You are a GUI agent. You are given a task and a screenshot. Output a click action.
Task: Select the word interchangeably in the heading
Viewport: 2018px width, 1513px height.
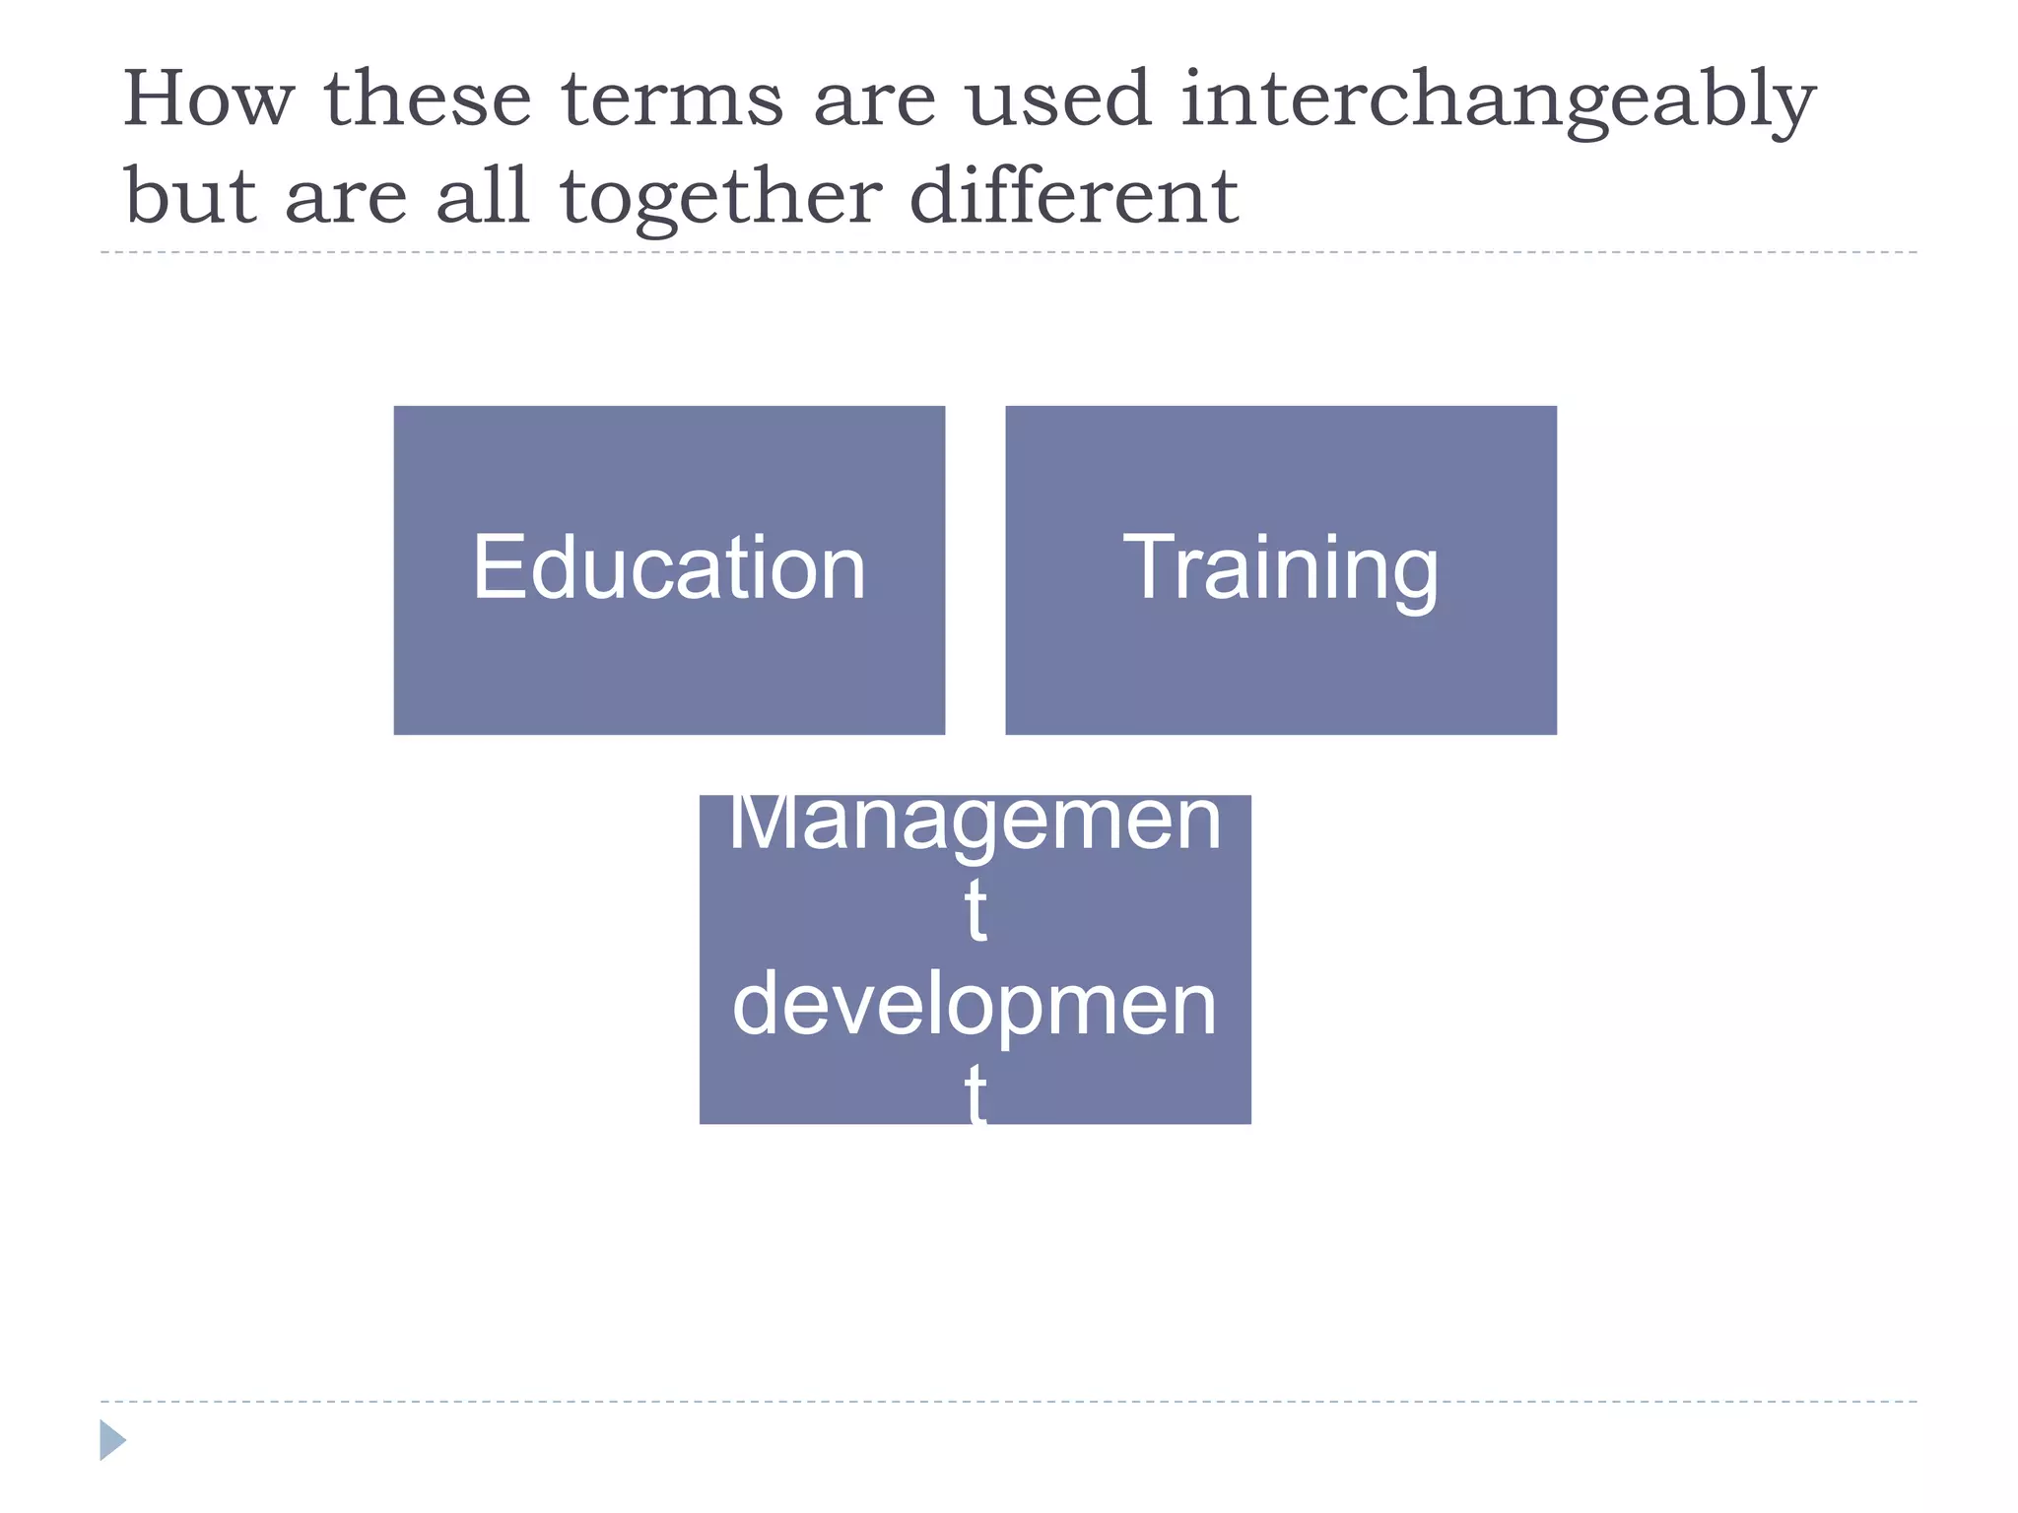click(x=1497, y=100)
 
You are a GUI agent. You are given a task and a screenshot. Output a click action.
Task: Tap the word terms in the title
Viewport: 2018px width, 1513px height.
click(x=672, y=100)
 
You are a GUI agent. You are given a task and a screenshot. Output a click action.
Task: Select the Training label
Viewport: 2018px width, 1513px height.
click(x=1280, y=569)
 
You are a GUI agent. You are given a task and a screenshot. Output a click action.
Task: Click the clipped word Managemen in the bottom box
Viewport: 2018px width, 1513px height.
click(x=975, y=823)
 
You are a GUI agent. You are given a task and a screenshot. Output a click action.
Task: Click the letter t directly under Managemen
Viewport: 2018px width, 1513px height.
click(x=975, y=911)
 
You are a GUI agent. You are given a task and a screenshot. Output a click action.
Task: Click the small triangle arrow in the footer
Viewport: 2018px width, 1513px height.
click(x=111, y=1440)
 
